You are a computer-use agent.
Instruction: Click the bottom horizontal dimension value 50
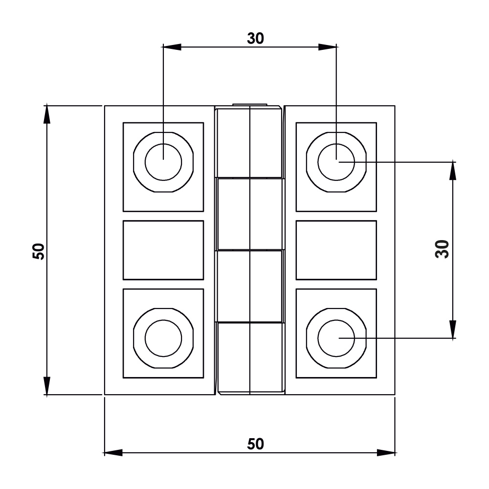(255, 444)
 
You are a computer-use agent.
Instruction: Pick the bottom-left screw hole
(163, 338)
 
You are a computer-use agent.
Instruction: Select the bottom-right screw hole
(336, 338)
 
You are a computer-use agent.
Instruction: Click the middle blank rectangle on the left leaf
(163, 250)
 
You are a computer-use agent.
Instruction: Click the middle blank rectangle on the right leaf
(336, 250)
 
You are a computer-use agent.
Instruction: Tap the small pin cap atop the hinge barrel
(250, 105)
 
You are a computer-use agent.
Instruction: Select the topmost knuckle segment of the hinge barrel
(250, 142)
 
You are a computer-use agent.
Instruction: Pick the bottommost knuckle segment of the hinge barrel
(250, 358)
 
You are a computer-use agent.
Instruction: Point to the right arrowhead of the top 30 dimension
(327, 47)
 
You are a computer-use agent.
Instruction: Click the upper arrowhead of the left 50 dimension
(46, 115)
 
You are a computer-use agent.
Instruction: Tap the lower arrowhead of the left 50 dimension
(46, 385)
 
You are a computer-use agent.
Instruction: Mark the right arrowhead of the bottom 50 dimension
(385, 453)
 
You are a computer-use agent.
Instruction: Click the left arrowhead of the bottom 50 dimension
(114, 453)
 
